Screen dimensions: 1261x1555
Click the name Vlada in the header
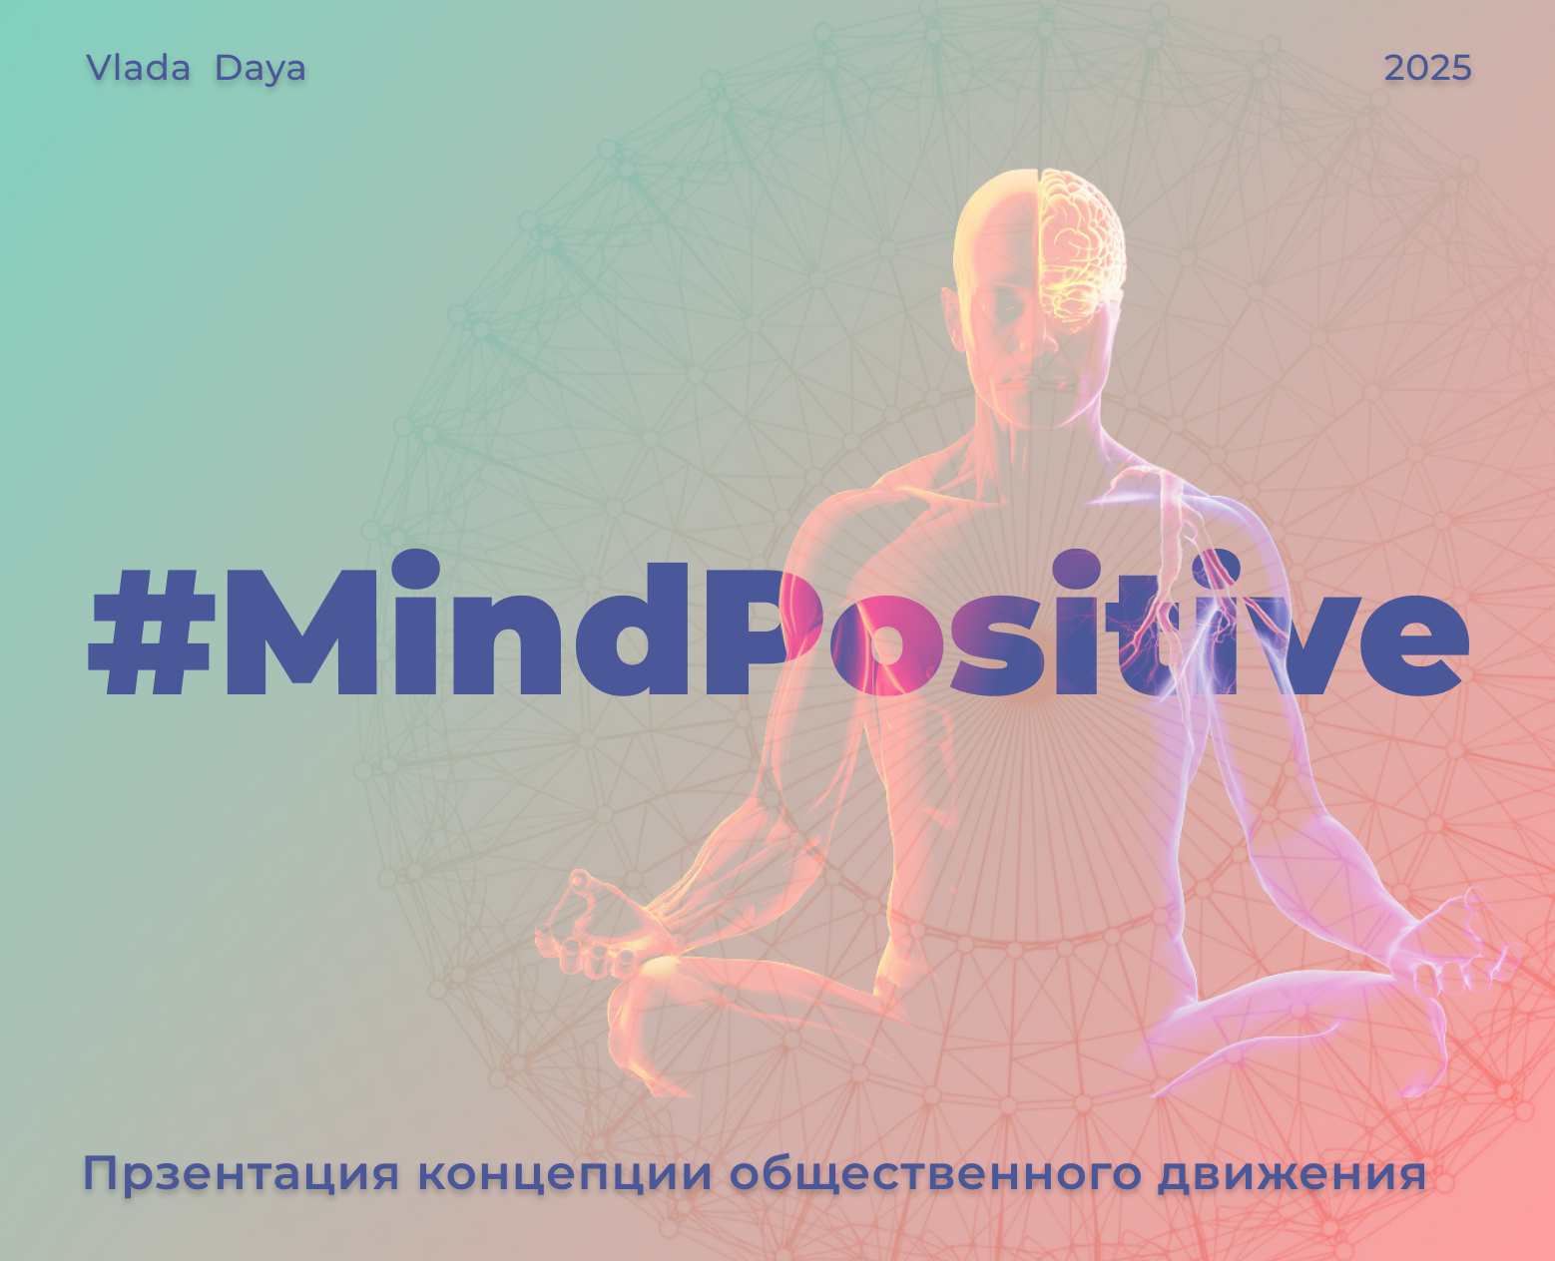pos(138,68)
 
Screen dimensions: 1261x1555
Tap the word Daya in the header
pos(259,69)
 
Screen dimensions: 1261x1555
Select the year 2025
pos(1427,68)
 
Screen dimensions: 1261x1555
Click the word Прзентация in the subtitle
pos(241,1173)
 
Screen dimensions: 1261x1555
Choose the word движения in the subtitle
pos(1292,1175)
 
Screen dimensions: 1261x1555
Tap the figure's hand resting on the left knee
pos(589,923)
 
